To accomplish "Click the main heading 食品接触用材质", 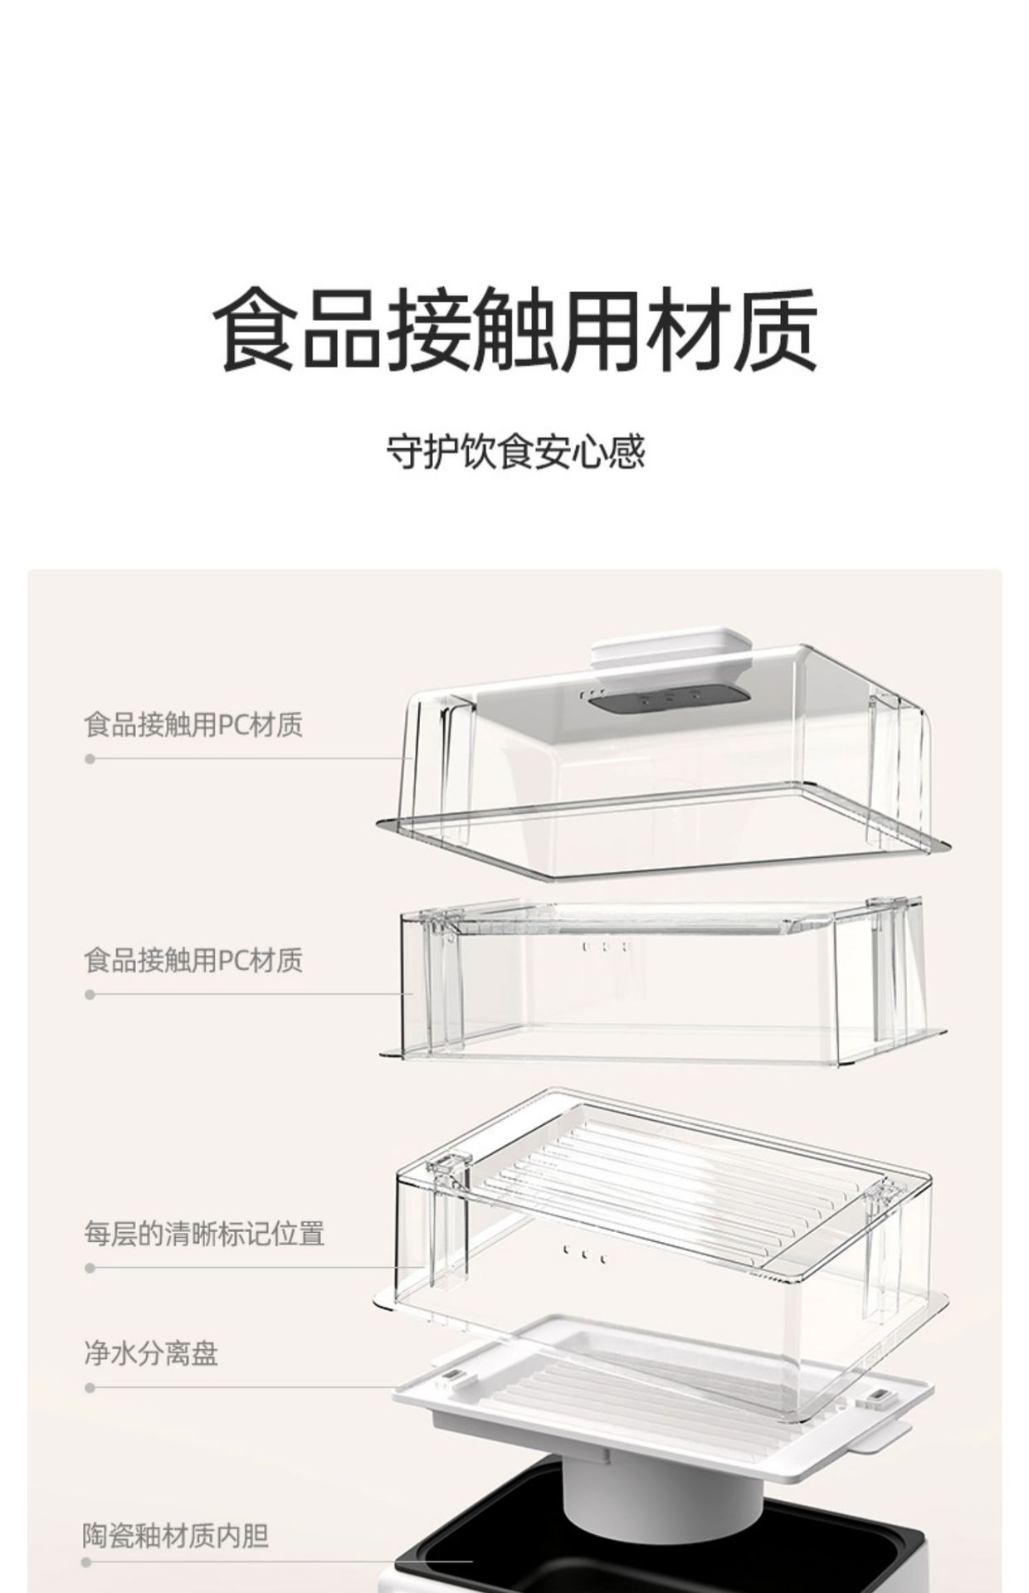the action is click(515, 329).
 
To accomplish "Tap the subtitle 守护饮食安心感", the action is click(515, 452).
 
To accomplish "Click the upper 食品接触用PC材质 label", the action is click(193, 724).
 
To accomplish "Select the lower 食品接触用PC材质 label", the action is click(193, 960).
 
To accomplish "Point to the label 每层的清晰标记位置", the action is click(204, 1233).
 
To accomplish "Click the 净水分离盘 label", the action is click(151, 1353).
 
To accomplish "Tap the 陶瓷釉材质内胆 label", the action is click(176, 1536).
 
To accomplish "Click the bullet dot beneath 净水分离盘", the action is click(90, 1388).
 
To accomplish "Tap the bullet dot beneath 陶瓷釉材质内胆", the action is click(86, 1562).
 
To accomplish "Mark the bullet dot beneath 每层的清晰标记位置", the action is click(90, 1268).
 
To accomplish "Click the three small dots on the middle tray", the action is click(605, 947).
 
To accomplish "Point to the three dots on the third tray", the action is click(585, 1254).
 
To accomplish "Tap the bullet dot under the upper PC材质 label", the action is click(90, 759).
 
